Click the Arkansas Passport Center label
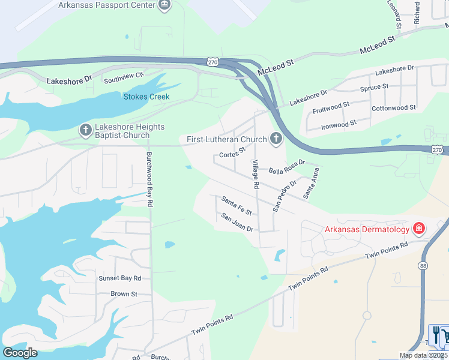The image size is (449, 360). pyautogui.click(x=106, y=5)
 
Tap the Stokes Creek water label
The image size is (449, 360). pyautogui.click(x=146, y=97)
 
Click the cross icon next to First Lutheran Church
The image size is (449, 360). pyautogui.click(x=276, y=140)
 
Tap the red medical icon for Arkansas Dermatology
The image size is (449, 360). pyautogui.click(x=418, y=229)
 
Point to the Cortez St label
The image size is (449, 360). pyautogui.click(x=232, y=153)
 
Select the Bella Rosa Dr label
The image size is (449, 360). pyautogui.click(x=287, y=166)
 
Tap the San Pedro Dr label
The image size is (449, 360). pyautogui.click(x=285, y=195)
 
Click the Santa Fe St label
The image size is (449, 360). pyautogui.click(x=236, y=205)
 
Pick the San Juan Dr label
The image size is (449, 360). pyautogui.click(x=237, y=222)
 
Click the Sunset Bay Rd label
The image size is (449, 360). pyautogui.click(x=120, y=278)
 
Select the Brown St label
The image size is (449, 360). pyautogui.click(x=124, y=294)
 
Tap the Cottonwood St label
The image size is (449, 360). pyautogui.click(x=394, y=108)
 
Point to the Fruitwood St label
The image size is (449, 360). pyautogui.click(x=331, y=108)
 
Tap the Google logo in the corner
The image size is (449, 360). pyautogui.click(x=20, y=352)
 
